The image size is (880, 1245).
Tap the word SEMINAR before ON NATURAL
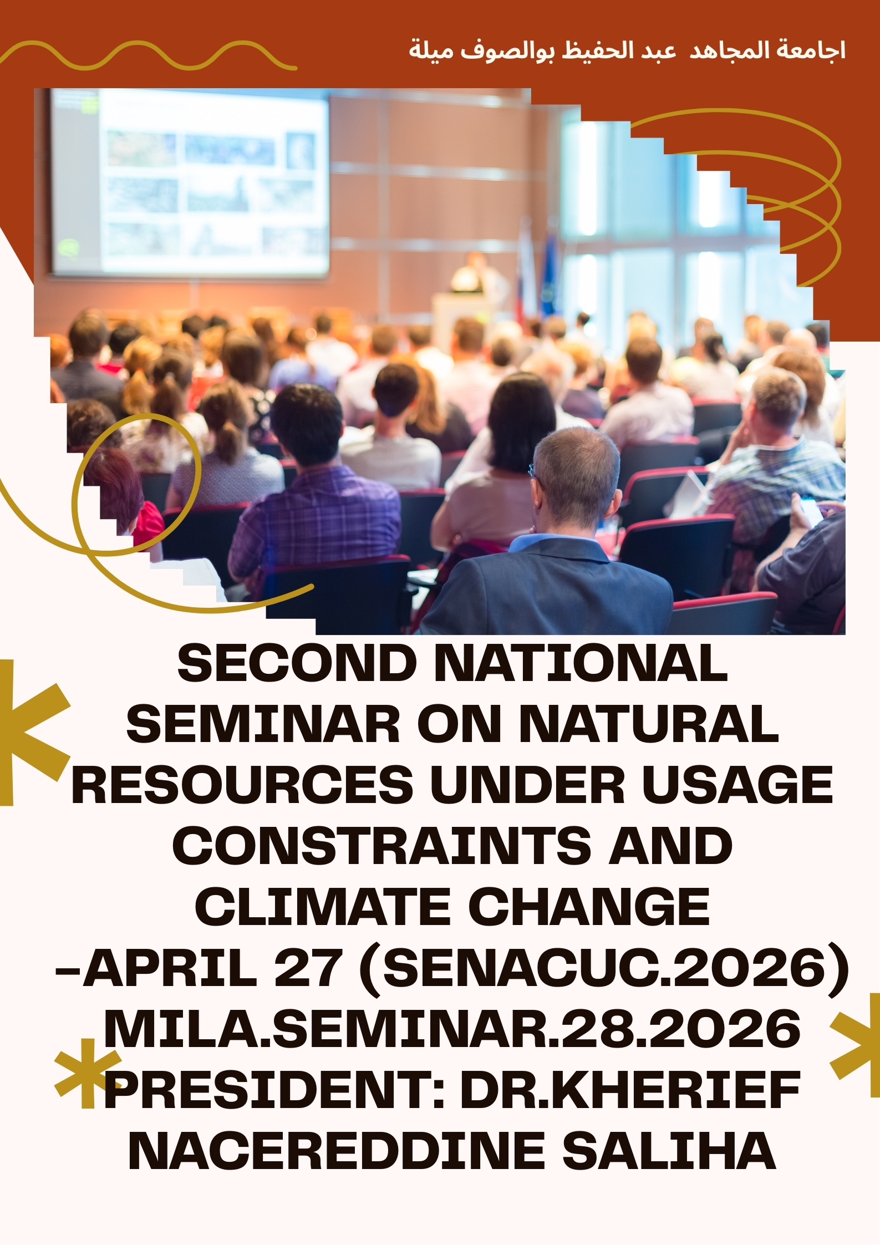point(263,724)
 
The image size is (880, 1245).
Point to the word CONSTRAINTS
point(381,846)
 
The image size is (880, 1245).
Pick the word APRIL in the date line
point(169,967)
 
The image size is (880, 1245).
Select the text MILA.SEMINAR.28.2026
point(452,1028)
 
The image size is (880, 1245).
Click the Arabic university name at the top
point(627,50)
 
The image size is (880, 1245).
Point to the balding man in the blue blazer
point(560,532)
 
